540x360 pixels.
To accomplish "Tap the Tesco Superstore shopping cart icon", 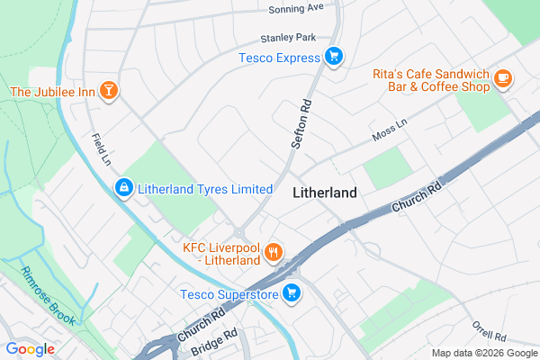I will [x=292, y=293].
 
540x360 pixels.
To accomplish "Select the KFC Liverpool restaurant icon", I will [x=274, y=251].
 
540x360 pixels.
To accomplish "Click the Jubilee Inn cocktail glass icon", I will [x=109, y=91].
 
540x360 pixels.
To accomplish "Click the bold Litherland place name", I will [x=325, y=193].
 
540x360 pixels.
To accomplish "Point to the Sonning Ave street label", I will [x=295, y=8].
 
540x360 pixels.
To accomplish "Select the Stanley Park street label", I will [x=288, y=39].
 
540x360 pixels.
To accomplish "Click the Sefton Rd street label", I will [x=301, y=123].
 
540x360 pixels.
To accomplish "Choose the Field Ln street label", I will [x=101, y=150].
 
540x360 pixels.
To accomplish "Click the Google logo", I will [x=30, y=349].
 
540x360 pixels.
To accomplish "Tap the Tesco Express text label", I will [x=280, y=58].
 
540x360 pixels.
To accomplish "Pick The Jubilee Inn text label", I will [x=52, y=91].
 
